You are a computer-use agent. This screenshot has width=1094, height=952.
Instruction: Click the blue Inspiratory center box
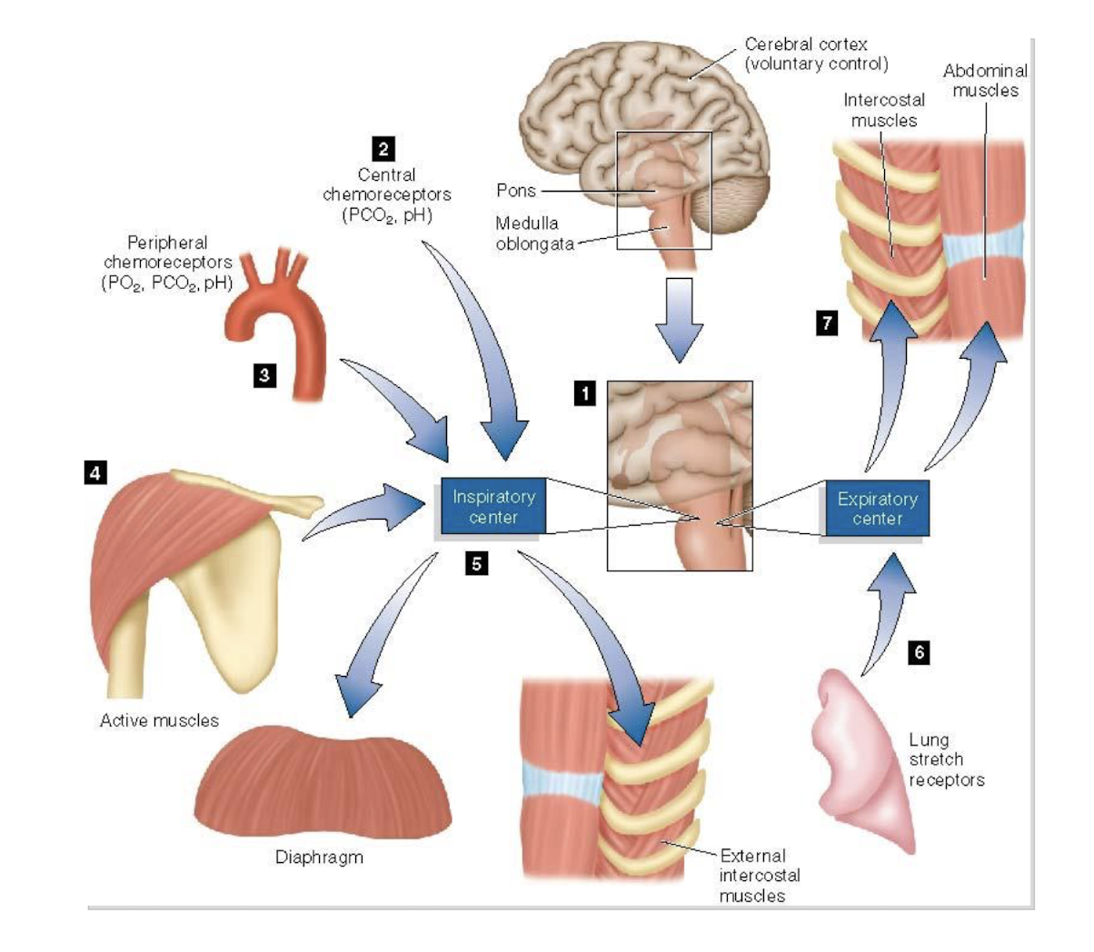tap(493, 507)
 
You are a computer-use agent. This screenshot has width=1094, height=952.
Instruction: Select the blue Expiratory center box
tap(877, 509)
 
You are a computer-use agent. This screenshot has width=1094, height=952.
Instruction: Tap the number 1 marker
tap(584, 393)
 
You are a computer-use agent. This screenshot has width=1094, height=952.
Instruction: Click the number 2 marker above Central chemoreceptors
tap(383, 149)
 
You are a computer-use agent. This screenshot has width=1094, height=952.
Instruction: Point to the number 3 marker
tap(264, 375)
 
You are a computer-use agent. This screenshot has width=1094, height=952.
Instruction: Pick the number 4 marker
tap(95, 471)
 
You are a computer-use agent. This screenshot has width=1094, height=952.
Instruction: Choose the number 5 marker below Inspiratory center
tap(476, 564)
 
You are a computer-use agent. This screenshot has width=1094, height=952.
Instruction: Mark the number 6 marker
tap(919, 652)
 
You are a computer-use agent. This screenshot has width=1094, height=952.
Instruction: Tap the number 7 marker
tap(826, 323)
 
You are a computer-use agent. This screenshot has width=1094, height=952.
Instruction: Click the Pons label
tap(516, 191)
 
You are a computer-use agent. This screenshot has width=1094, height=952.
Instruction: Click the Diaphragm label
tap(319, 858)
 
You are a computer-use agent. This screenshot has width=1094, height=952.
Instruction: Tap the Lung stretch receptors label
tap(945, 760)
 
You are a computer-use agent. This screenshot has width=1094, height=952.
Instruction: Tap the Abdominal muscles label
tap(985, 80)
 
